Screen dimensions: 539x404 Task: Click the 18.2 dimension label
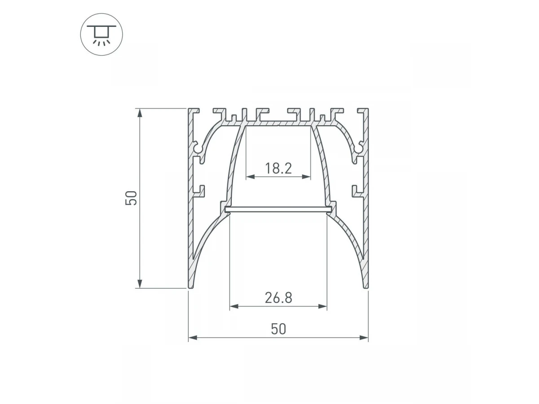click(x=278, y=168)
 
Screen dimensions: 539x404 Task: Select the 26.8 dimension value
click(x=278, y=298)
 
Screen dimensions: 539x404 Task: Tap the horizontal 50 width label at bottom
click(x=278, y=329)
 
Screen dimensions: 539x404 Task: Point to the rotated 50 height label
click(x=131, y=198)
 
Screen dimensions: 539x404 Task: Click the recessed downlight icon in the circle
click(x=102, y=35)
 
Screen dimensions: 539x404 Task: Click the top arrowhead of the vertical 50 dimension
click(x=140, y=113)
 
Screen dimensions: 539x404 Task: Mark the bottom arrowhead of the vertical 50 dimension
click(x=140, y=284)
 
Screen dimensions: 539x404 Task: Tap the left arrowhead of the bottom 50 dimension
click(x=193, y=338)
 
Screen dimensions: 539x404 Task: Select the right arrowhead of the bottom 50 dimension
click(x=364, y=338)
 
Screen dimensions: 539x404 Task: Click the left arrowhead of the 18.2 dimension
click(x=251, y=176)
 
